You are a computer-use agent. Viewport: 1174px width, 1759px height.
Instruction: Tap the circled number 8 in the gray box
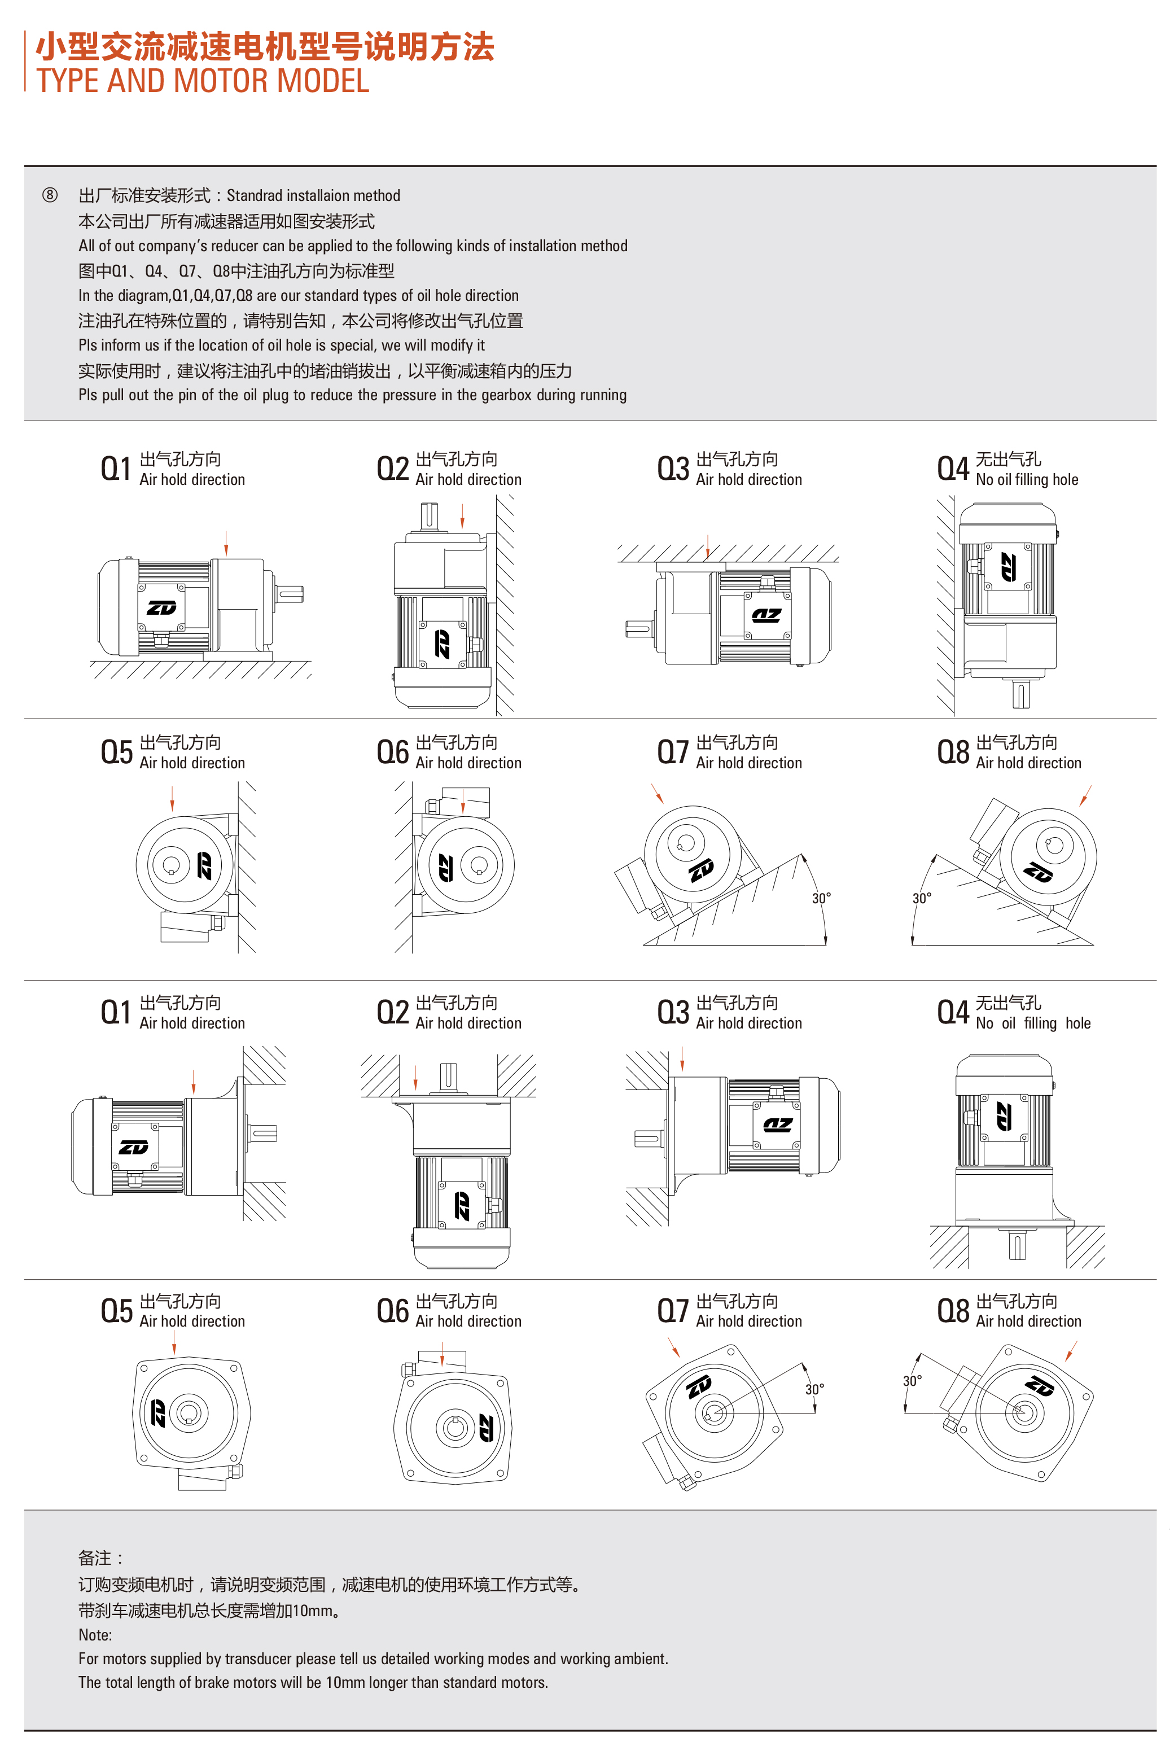click(50, 195)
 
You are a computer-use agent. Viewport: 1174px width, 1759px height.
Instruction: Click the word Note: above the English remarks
click(95, 1635)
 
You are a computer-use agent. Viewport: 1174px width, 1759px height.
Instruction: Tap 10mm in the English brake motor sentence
click(344, 1683)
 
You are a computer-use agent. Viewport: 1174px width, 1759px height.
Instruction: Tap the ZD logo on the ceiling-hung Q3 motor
click(766, 615)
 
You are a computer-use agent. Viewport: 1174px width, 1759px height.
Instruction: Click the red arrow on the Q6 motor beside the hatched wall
click(463, 801)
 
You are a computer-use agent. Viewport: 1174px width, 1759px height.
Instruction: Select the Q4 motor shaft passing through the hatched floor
click(1017, 1245)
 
